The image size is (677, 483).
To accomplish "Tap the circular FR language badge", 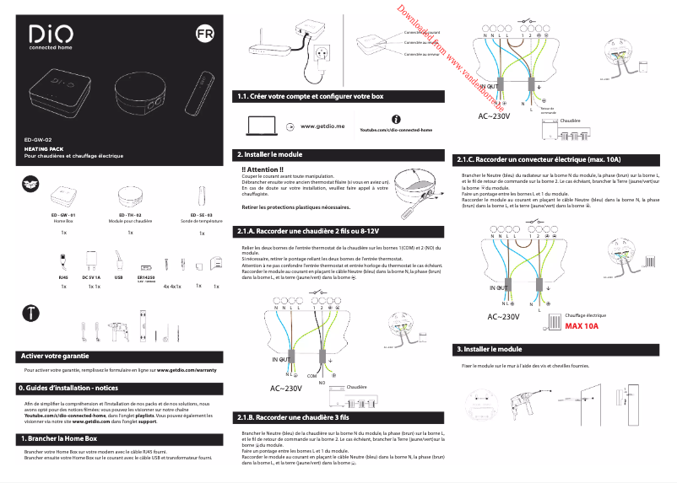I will pos(203,35).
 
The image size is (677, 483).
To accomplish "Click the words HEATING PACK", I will pos(43,148).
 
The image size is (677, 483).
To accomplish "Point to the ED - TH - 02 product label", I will pos(131,216).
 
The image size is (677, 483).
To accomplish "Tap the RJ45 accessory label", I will pos(63,276).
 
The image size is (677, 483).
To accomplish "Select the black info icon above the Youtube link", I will pos(396,121).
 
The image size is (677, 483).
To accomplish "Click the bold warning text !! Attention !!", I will pos(263,169).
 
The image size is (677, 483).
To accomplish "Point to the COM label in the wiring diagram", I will pos(311,375).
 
